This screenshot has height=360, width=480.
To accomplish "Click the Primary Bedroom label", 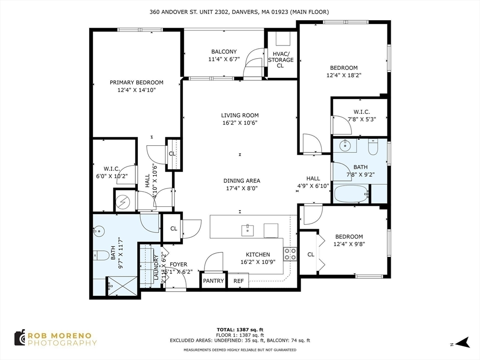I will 136,82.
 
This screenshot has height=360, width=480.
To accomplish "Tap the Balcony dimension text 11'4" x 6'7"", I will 224,60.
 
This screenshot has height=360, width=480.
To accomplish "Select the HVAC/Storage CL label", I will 280,60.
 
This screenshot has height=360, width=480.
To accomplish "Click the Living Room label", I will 240,115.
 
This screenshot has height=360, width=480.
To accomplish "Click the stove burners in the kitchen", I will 290,254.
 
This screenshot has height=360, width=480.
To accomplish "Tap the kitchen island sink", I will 248,230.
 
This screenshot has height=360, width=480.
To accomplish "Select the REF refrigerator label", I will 239,281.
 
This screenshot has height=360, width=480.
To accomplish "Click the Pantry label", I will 213,281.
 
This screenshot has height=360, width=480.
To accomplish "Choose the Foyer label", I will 178,265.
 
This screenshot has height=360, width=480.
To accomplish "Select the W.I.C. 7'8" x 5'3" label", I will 361,112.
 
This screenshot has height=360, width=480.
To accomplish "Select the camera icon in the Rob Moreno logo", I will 20,337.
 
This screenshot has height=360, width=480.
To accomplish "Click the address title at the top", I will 240,12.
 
